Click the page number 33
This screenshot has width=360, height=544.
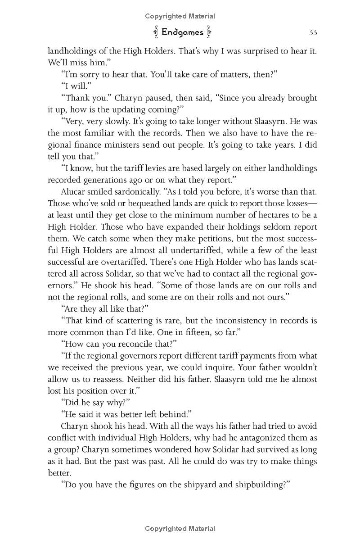[313, 32]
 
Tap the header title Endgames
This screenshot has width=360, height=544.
[183, 32]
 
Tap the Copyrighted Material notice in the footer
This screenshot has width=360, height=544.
[180, 529]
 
